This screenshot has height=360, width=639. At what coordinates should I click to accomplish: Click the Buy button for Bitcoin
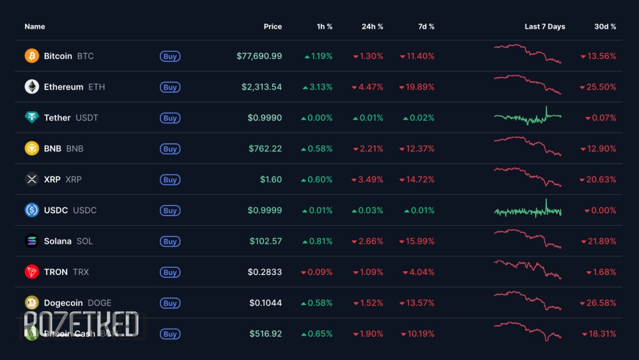pos(170,56)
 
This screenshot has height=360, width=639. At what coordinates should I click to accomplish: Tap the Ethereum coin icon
pos(32,87)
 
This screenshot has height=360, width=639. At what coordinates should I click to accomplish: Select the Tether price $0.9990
pos(265,118)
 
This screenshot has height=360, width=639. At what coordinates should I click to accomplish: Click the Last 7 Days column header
pos(544,27)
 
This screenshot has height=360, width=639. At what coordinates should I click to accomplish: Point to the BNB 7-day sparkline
pos(527,146)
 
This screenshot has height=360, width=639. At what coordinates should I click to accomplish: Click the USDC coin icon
pos(32,210)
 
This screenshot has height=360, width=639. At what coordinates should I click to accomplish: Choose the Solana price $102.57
pos(266,241)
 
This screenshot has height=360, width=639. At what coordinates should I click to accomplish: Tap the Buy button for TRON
pos(170,272)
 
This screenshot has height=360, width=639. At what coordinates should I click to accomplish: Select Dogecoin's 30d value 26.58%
pos(598,303)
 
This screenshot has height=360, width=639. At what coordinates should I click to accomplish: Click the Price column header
pos(273,27)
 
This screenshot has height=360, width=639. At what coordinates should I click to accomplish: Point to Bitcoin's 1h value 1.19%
pos(318,56)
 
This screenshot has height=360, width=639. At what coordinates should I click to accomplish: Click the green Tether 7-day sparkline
pos(527,116)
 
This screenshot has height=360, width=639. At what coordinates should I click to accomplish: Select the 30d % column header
pos(605,27)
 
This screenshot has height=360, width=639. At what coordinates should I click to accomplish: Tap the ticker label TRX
pos(81,272)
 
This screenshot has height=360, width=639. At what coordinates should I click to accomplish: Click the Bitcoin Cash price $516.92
pos(265,334)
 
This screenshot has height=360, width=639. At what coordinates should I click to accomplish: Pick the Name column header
pos(35,27)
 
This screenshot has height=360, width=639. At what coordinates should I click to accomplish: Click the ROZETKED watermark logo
pos(81,324)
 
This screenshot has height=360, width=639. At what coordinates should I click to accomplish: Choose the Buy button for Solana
pos(170,242)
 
